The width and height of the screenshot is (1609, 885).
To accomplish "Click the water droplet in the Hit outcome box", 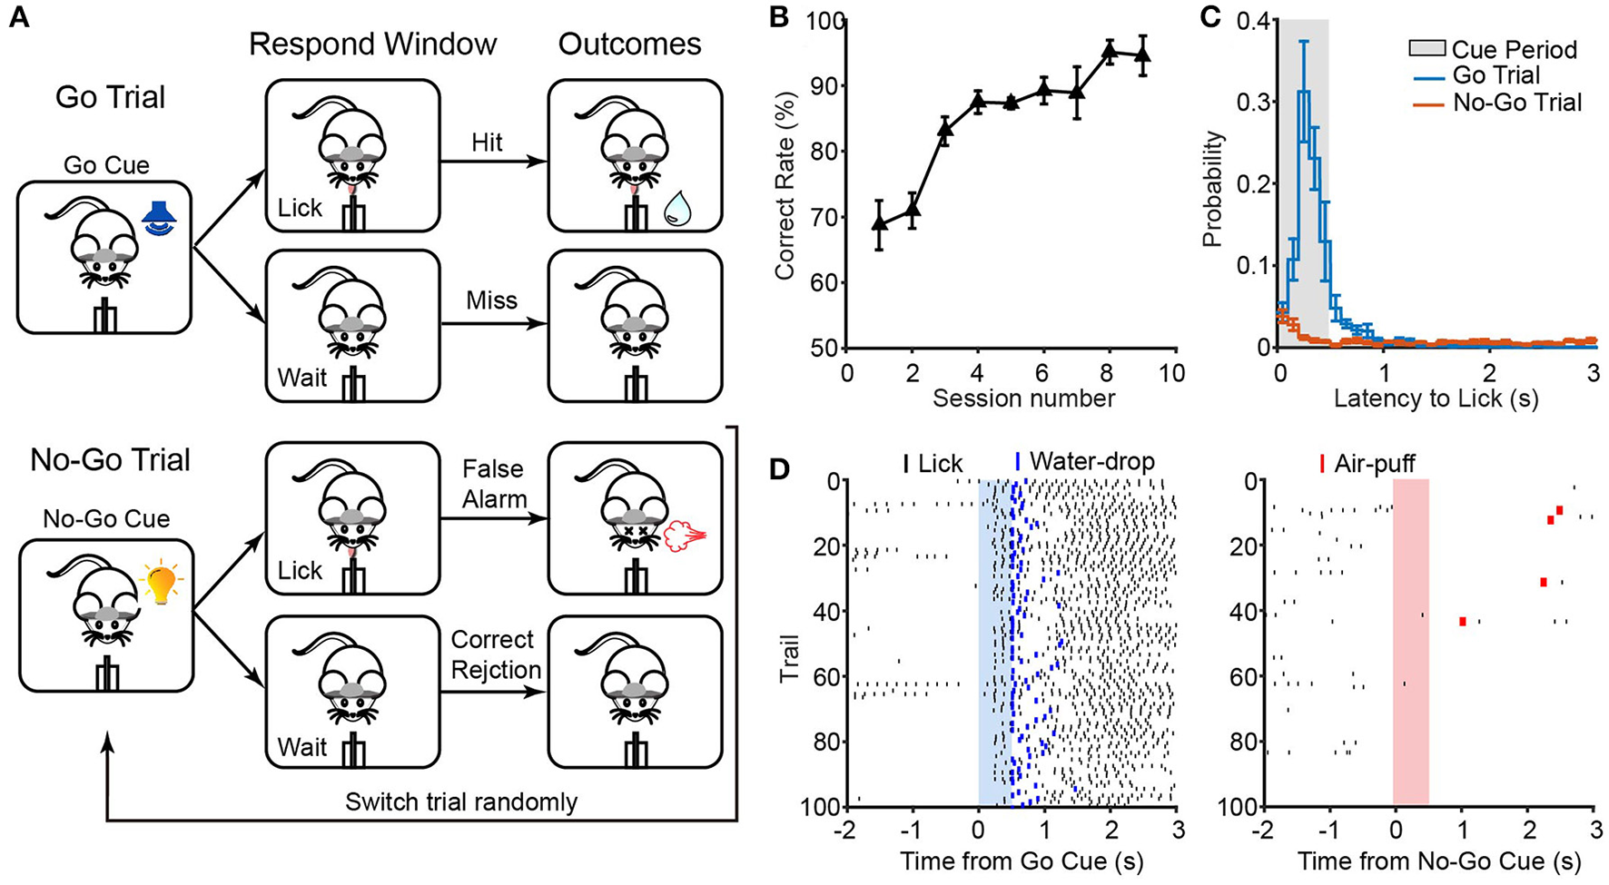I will point(677,210).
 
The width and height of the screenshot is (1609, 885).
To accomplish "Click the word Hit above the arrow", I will point(487,143).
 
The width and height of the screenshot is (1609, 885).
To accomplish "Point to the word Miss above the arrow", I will point(491,300).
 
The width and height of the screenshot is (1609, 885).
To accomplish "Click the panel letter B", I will point(779,17).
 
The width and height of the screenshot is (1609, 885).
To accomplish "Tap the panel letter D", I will point(779,468).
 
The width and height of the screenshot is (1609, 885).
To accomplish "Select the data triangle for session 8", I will point(1109,51).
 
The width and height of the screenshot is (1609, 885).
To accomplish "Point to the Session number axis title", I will point(1023,398).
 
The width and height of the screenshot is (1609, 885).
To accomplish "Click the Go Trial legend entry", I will point(1495,75).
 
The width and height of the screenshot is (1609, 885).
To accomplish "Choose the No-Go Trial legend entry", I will point(1516,103).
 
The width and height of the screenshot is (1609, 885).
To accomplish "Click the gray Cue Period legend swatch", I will point(1425,49).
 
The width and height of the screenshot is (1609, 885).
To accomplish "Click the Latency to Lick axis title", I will point(1436,398).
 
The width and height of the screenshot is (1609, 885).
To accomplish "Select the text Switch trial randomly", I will point(461,802).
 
